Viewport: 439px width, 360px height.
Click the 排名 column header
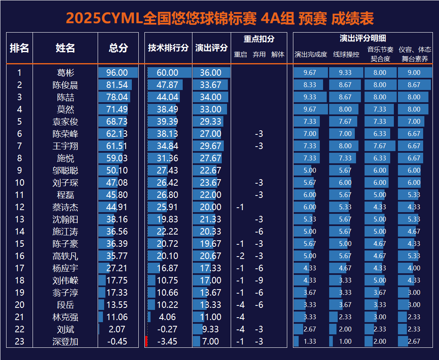click(20, 48)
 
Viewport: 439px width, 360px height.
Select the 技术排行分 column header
click(168, 48)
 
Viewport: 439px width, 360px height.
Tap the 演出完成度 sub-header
click(310, 55)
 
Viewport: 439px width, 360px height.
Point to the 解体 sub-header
click(278, 55)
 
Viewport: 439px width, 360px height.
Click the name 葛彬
click(66, 73)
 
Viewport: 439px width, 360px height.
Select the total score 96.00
click(117, 73)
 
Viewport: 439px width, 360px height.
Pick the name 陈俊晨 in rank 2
click(66, 85)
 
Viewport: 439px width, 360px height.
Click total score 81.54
click(117, 85)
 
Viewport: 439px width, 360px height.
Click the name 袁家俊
click(66, 122)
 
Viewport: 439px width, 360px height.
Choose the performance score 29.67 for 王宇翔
click(211, 146)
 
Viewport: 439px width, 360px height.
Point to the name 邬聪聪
click(66, 171)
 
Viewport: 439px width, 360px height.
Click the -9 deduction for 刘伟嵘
click(259, 281)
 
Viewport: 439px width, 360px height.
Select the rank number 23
click(20, 342)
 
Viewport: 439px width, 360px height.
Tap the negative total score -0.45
click(117, 342)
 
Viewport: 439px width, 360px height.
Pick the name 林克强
click(66, 317)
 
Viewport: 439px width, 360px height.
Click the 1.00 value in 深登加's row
click(345, 342)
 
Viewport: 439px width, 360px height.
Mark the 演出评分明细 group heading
click(363, 39)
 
